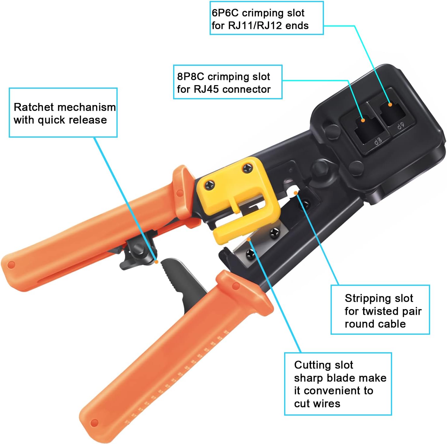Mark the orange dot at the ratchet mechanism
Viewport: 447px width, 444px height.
pyautogui.click(x=156, y=262)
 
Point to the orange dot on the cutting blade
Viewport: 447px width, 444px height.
pyautogui.click(x=249, y=239)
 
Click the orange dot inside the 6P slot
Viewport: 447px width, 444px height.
pyautogui.click(x=390, y=104)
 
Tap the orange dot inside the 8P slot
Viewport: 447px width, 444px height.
pyautogui.click(x=363, y=120)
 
